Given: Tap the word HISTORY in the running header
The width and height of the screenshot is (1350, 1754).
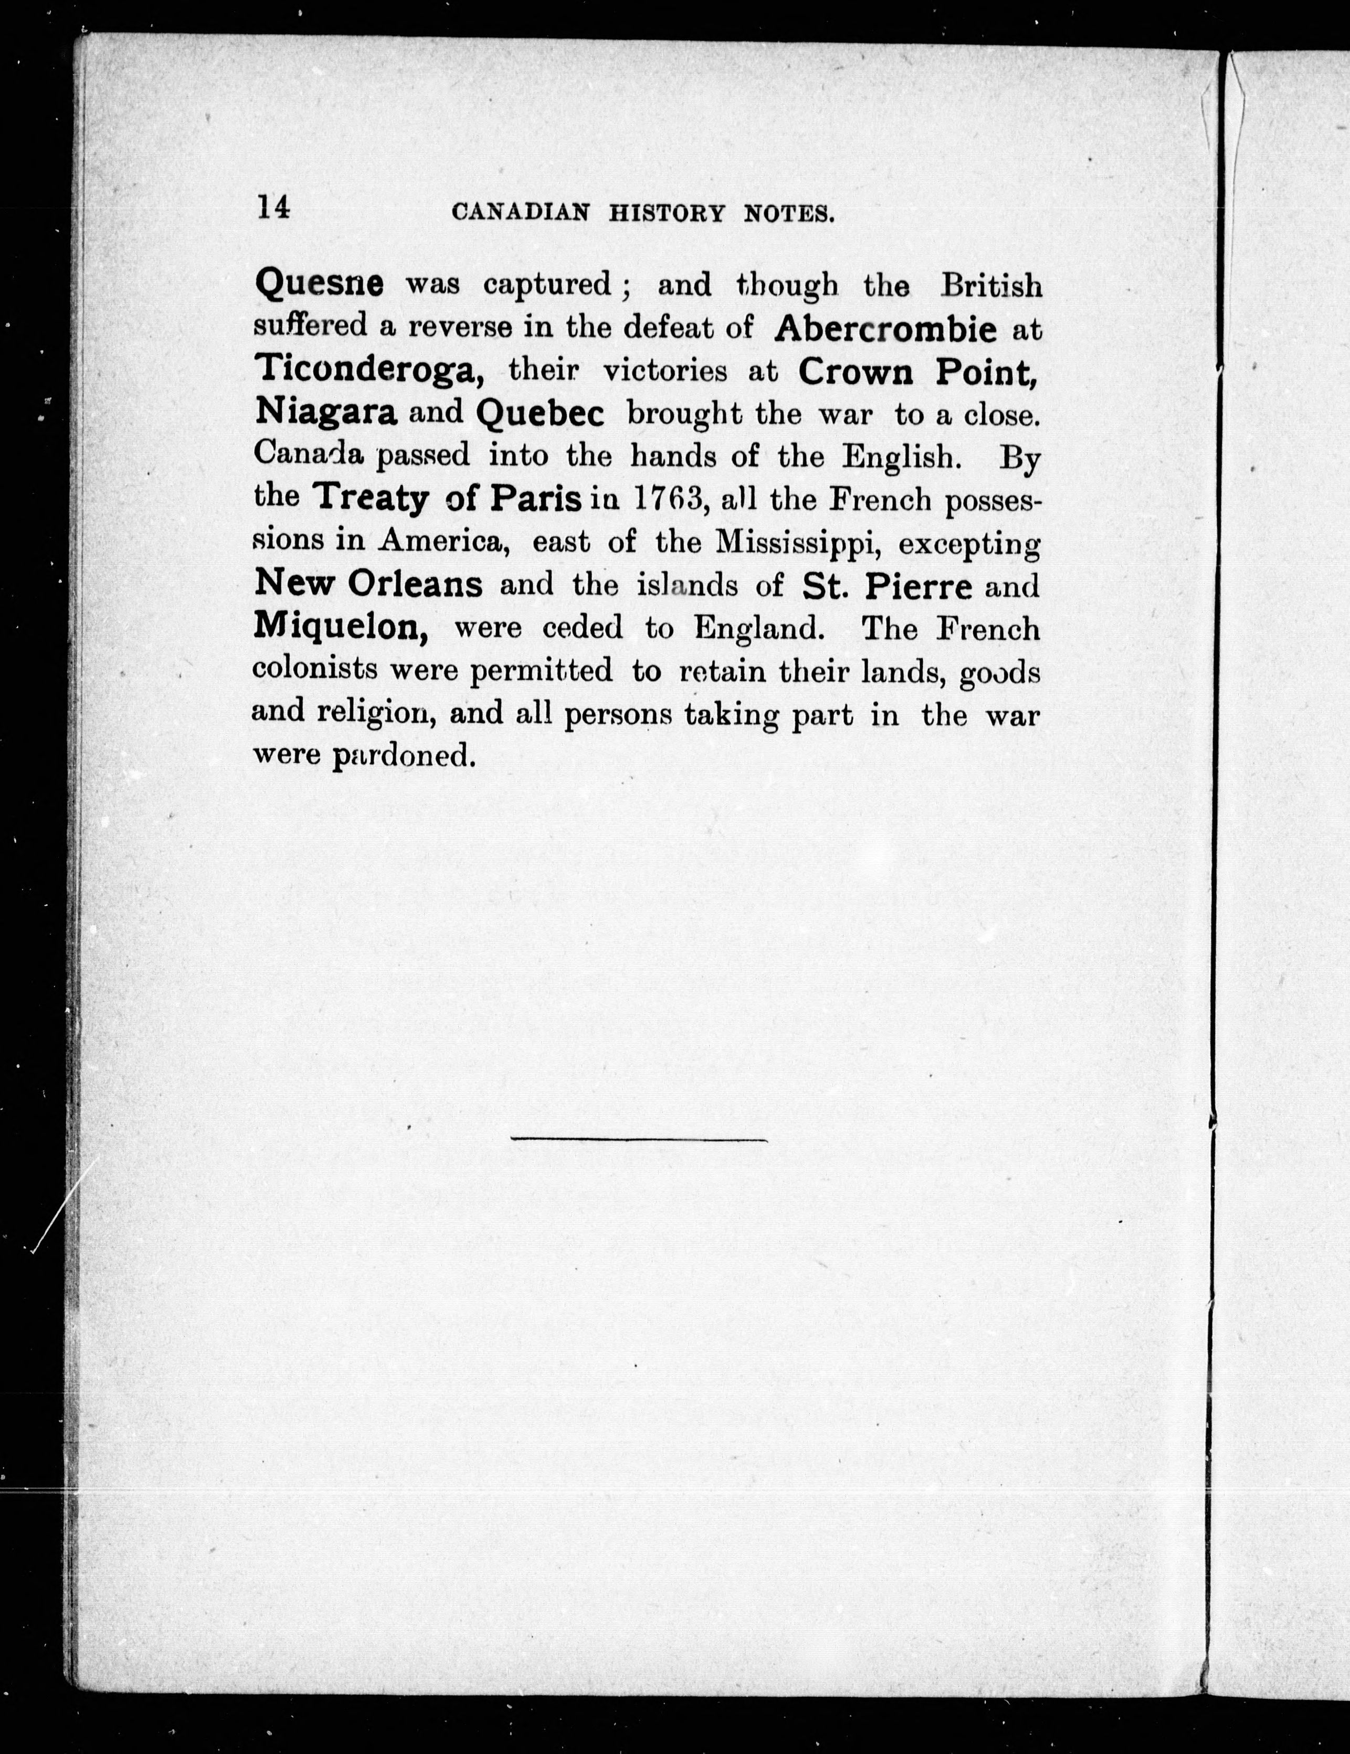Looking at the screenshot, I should pyautogui.click(x=667, y=213).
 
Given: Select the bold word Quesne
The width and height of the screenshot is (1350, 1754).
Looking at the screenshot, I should pyautogui.click(x=319, y=283).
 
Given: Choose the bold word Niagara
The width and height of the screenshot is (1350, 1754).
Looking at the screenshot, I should pyautogui.click(x=325, y=412).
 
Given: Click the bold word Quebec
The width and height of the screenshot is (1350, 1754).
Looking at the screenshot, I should pyautogui.click(x=540, y=414).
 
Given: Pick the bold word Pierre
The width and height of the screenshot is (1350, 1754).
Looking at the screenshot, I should pyautogui.click(x=919, y=586).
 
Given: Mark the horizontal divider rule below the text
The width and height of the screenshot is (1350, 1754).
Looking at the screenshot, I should pyautogui.click(x=639, y=1139).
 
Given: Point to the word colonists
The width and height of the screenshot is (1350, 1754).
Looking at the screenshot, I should pyautogui.click(x=315, y=669).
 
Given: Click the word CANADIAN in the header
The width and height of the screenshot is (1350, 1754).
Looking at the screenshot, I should pyautogui.click(x=520, y=213).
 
